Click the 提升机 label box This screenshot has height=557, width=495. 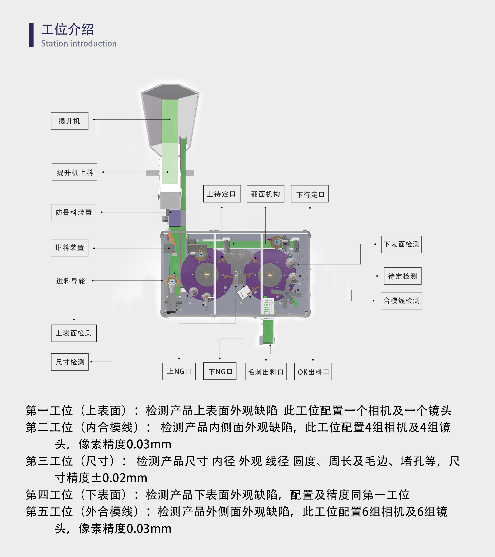(x=69, y=121)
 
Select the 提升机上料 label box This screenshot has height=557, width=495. (x=74, y=172)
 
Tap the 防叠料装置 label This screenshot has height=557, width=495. (x=74, y=213)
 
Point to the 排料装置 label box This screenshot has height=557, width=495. (x=69, y=248)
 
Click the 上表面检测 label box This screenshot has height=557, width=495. (x=74, y=333)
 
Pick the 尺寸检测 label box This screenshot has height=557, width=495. (x=70, y=362)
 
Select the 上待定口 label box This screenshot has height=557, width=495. (x=222, y=194)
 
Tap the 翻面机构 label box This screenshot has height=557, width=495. (x=266, y=194)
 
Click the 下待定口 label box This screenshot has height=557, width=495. (x=310, y=194)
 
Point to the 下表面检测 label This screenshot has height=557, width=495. (x=401, y=244)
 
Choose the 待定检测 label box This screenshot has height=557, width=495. (x=403, y=276)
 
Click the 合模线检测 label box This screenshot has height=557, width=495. (x=401, y=301)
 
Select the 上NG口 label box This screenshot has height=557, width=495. (x=179, y=371)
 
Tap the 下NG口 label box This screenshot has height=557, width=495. (x=220, y=371)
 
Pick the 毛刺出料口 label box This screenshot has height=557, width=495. (x=266, y=371)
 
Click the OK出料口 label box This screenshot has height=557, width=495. (x=313, y=371)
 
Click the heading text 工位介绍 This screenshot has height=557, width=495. (x=67, y=29)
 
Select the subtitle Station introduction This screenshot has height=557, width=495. (x=79, y=44)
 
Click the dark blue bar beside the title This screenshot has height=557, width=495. (x=31, y=35)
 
